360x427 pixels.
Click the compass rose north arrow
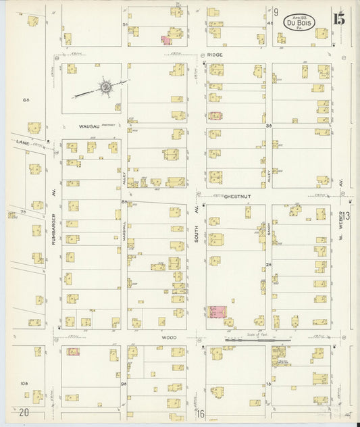106,86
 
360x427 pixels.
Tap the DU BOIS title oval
299,22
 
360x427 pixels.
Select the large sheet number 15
338,18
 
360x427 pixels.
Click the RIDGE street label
215,54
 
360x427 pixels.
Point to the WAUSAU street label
89,126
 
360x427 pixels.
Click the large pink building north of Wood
217,311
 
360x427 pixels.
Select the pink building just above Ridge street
166,40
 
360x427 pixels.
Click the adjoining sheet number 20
24,412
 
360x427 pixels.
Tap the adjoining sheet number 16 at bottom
201,412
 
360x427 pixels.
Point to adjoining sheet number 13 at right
346,216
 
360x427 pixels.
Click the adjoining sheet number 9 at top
276,12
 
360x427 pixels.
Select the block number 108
24,383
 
